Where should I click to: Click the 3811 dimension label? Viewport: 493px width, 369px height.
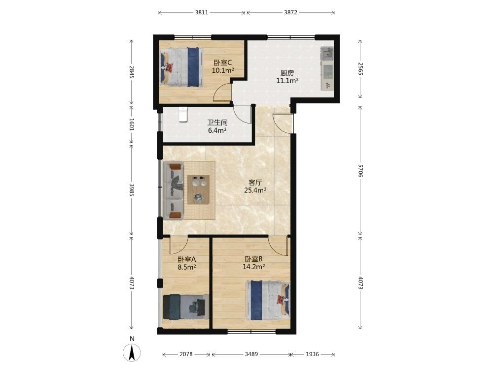click(x=202, y=13)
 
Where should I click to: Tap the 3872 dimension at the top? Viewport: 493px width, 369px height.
click(x=290, y=13)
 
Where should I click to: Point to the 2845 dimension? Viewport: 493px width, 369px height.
click(x=132, y=72)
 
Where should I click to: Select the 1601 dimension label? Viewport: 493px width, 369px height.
click(x=132, y=124)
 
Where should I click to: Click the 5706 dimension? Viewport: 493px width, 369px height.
click(x=360, y=170)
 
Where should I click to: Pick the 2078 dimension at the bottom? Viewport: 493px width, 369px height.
click(x=186, y=354)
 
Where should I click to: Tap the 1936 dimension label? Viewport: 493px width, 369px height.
click(x=313, y=354)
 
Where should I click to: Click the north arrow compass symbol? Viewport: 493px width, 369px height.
click(x=132, y=352)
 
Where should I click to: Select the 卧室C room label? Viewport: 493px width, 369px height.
click(x=223, y=63)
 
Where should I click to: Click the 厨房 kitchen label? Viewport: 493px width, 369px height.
click(x=287, y=73)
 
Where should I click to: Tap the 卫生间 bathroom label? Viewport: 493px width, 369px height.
click(x=217, y=123)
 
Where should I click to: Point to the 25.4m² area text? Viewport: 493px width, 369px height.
click(x=255, y=190)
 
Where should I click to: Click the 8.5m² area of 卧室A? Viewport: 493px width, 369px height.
click(x=187, y=267)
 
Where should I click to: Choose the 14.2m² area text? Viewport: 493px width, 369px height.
click(x=253, y=267)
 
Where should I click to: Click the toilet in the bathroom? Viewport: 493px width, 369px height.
click(x=183, y=114)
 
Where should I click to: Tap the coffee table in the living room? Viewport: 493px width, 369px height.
click(x=198, y=190)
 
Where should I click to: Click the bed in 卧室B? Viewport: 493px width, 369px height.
click(x=268, y=300)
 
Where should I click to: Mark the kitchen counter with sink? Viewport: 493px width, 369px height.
click(x=327, y=69)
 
